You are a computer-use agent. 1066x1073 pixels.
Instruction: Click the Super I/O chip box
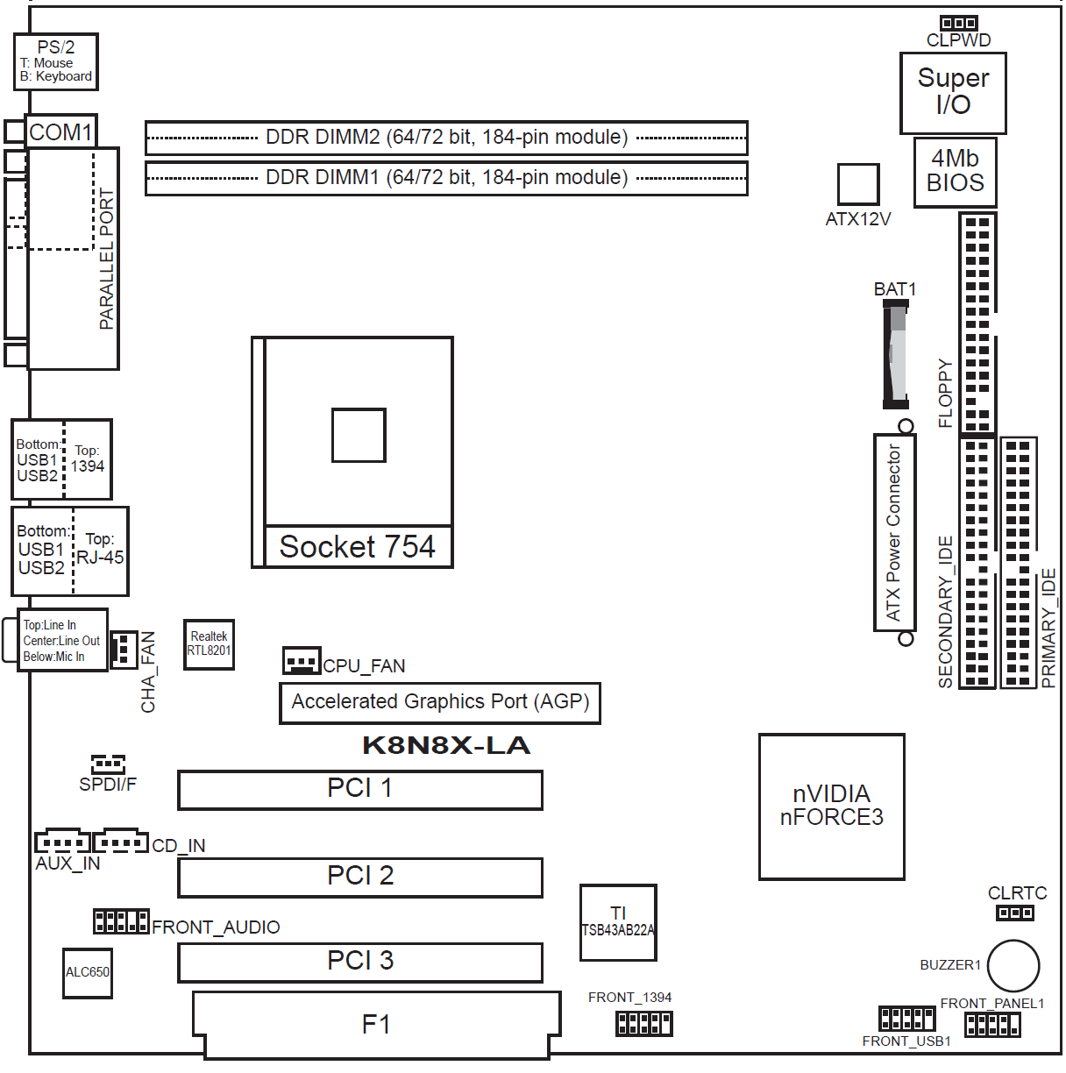[952, 93]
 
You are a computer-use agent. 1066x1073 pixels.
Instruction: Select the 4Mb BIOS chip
[955, 172]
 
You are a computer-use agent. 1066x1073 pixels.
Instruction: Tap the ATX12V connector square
[857, 184]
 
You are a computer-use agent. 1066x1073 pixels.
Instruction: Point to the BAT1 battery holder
[895, 354]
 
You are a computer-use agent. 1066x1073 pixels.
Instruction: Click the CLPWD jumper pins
[958, 23]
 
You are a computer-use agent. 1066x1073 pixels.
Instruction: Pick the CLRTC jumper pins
[1014, 913]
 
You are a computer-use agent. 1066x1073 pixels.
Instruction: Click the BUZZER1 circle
[1013, 966]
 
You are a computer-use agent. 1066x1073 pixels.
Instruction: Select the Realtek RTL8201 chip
[209, 644]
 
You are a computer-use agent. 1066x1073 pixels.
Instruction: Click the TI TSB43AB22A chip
[618, 922]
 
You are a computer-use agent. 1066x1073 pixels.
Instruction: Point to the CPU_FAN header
[302, 660]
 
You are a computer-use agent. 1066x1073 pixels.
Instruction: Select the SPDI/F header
[108, 764]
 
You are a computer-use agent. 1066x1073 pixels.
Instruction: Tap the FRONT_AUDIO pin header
[121, 921]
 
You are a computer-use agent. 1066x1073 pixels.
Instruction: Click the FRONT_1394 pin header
[643, 1023]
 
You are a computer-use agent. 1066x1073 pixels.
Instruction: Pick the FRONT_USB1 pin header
[906, 1019]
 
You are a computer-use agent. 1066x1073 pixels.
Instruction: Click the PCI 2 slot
[359, 877]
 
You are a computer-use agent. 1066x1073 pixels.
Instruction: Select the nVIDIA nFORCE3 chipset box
[831, 807]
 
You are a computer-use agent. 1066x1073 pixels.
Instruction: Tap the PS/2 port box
[56, 62]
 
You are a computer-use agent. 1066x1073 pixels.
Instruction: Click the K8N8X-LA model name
[446, 745]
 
